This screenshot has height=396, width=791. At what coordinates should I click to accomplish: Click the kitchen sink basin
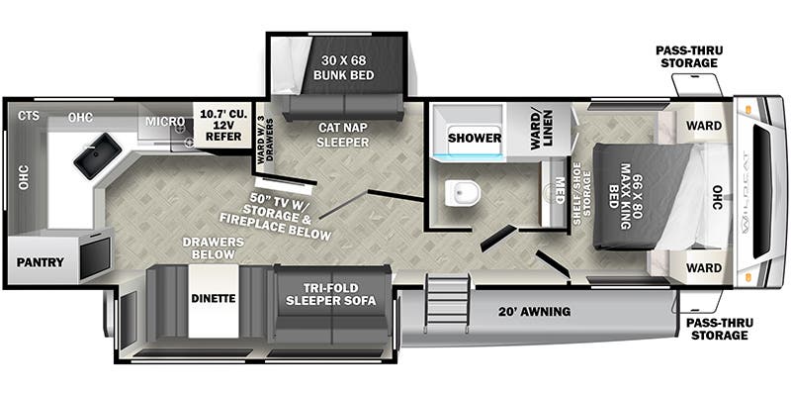tap(97, 155)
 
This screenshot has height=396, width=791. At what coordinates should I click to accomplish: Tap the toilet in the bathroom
tap(463, 193)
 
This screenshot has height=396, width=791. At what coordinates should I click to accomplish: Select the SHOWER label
tap(475, 138)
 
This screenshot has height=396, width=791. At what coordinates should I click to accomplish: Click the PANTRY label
tap(41, 262)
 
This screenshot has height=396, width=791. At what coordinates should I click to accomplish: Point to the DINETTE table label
tap(214, 299)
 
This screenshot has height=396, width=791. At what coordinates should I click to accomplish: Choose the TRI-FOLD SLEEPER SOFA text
tap(331, 294)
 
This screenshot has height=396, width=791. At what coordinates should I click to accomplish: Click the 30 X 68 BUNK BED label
tap(344, 67)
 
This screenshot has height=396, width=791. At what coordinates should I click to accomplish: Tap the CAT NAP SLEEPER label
tap(343, 136)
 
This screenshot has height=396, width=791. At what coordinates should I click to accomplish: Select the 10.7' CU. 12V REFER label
tap(224, 126)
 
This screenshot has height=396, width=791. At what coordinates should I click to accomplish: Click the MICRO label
tap(165, 122)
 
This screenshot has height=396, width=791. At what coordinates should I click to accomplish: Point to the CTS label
tap(29, 116)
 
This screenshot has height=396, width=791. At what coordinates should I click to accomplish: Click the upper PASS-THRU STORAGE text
tap(689, 56)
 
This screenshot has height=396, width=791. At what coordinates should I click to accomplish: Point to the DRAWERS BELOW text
tap(213, 247)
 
